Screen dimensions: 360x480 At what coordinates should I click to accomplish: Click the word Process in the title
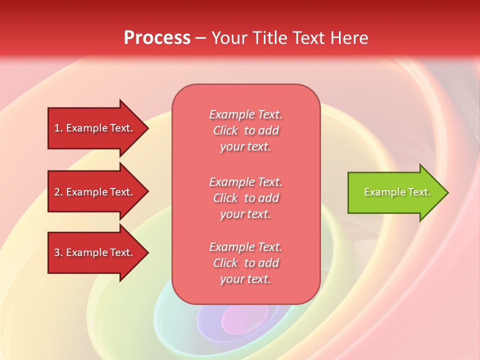pyautogui.click(x=157, y=38)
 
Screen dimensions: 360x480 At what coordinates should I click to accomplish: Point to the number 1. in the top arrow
pyautogui.click(x=58, y=128)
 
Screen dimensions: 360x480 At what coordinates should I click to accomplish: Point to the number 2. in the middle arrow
pyautogui.click(x=58, y=192)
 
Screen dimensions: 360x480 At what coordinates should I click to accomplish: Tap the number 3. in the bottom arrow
pyautogui.click(x=58, y=252)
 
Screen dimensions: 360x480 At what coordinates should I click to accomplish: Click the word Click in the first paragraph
pyautogui.click(x=225, y=130)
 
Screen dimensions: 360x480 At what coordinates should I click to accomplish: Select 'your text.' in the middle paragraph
pyautogui.click(x=245, y=214)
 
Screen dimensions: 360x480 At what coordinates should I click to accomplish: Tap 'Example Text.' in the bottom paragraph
pyautogui.click(x=245, y=247)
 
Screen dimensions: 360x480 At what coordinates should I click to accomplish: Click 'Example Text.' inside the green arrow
pyautogui.click(x=397, y=192)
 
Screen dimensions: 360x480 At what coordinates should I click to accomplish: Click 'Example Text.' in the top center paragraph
pyautogui.click(x=245, y=114)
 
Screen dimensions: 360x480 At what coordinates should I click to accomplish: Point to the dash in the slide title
pyautogui.click(x=200, y=38)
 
